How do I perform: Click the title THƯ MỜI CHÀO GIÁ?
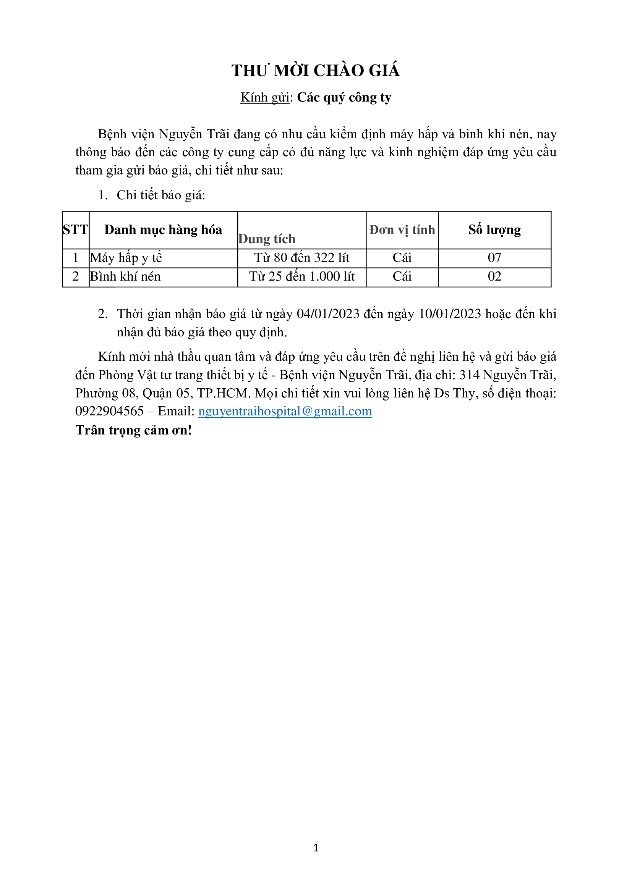tap(316, 70)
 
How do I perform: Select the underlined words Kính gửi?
tap(265, 97)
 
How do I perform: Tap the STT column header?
tap(76, 230)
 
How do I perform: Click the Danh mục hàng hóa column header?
tap(163, 230)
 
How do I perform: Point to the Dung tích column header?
tap(267, 239)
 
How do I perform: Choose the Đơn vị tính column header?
tap(402, 230)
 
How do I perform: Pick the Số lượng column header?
tap(494, 230)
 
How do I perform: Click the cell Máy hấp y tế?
tap(126, 257)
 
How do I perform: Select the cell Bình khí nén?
tap(125, 276)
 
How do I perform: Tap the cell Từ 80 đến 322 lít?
tap(301, 257)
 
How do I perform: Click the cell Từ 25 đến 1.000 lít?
tap(301, 276)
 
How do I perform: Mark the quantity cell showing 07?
tap(494, 257)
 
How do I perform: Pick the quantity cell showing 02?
tap(494, 276)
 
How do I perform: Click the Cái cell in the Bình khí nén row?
tap(402, 276)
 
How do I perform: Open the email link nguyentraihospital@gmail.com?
tap(285, 411)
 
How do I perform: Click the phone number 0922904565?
tap(109, 411)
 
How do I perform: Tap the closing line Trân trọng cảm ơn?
tap(133, 430)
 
